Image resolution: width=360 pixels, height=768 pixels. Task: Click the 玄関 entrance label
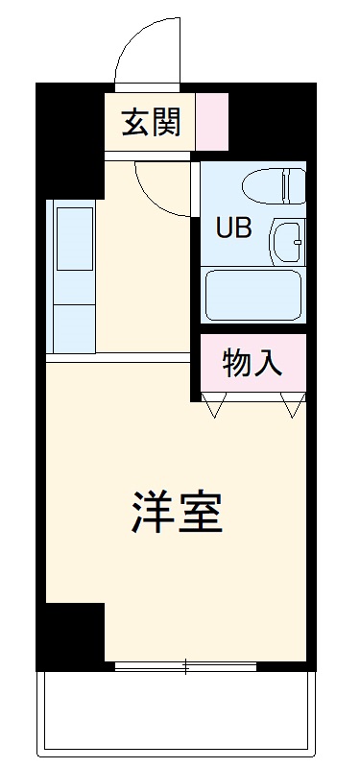[151, 122]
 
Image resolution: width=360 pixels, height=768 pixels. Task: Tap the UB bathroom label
[235, 228]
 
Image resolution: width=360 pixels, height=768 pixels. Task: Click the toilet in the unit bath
[273, 184]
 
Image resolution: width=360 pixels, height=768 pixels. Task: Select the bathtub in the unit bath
[253, 295]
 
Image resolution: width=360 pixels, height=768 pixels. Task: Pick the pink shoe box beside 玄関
[213, 122]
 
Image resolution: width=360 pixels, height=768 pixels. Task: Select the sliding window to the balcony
[185, 665]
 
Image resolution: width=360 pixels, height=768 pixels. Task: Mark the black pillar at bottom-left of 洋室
[73, 634]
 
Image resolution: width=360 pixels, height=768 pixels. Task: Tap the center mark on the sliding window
[185, 665]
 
